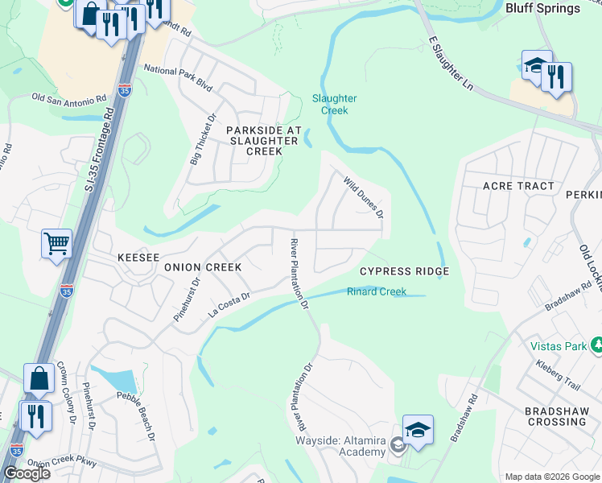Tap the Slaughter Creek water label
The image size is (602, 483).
point(335,104)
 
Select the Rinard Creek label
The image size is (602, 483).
point(377,292)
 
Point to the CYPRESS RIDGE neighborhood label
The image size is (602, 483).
point(403,272)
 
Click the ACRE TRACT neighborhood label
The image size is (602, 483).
point(518,186)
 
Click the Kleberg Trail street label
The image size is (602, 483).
point(557,375)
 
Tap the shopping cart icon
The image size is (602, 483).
point(56,242)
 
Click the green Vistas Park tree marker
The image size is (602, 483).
point(596,345)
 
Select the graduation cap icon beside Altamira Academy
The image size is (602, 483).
point(418,429)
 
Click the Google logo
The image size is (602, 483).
point(26,473)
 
